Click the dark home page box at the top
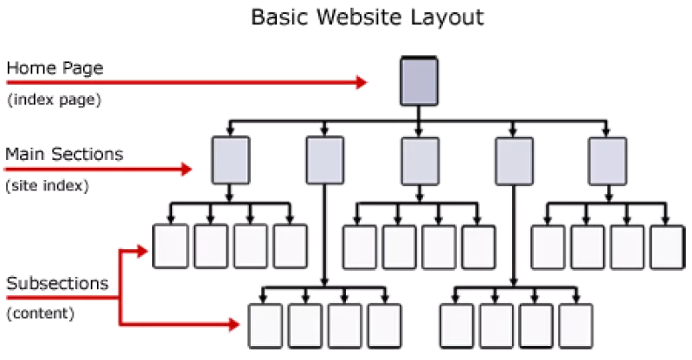click(x=419, y=81)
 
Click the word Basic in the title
click(x=280, y=17)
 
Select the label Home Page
click(x=54, y=68)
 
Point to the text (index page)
click(x=54, y=100)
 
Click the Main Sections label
click(x=64, y=154)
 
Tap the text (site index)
click(x=48, y=185)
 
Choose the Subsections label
click(x=57, y=283)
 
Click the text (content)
click(x=40, y=313)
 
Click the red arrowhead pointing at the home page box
click(x=362, y=82)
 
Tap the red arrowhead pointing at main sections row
click(x=187, y=169)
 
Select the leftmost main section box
click(x=230, y=160)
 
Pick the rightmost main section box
click(x=607, y=161)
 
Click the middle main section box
click(x=420, y=161)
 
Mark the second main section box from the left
click(x=325, y=160)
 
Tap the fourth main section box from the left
click(x=514, y=161)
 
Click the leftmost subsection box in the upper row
click(x=170, y=247)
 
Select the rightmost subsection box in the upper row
click(x=667, y=247)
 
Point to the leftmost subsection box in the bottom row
click(x=266, y=326)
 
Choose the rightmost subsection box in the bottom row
click(x=575, y=326)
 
